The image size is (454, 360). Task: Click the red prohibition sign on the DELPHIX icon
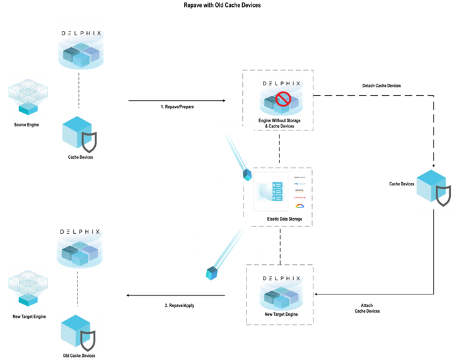click(282, 100)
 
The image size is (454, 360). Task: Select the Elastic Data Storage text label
click(284, 219)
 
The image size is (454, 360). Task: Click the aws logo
click(300, 190)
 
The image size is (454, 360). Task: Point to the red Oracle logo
click(300, 197)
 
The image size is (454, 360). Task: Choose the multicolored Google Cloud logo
click(300, 206)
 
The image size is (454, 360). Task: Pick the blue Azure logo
click(300, 183)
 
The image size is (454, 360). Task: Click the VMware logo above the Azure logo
click(300, 177)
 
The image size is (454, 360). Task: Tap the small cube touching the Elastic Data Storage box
click(248, 174)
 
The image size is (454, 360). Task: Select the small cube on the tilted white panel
click(212, 273)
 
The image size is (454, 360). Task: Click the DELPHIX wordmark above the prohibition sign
click(281, 83)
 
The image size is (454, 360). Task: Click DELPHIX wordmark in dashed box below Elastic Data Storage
click(281, 277)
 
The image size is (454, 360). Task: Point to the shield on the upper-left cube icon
click(90, 142)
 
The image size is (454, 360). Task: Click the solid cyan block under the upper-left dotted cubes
click(28, 108)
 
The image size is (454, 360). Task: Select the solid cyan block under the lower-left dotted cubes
click(28, 300)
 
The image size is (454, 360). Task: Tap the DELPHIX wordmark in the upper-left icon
click(81, 33)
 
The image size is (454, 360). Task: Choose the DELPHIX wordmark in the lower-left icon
click(79, 231)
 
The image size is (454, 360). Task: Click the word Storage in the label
click(293, 219)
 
